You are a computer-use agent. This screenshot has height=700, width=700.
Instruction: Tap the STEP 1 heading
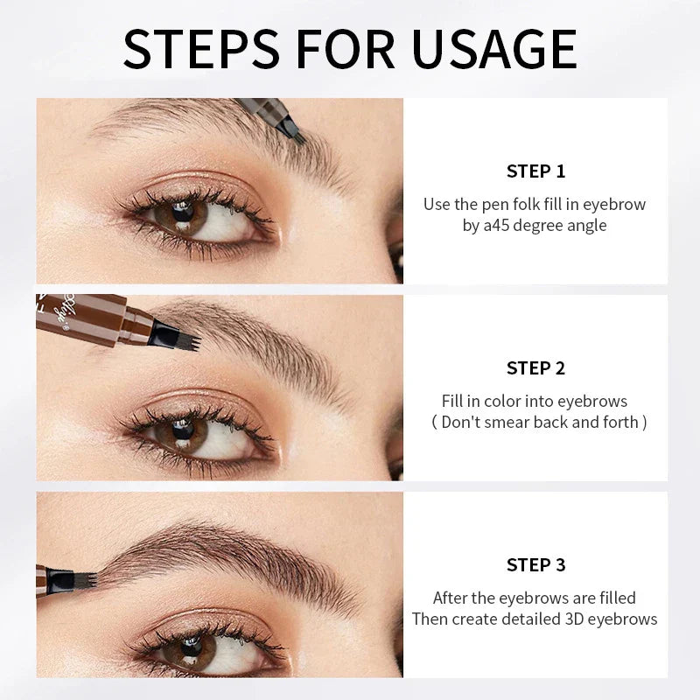coord(535,171)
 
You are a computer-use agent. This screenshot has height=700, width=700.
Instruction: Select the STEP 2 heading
coord(535,367)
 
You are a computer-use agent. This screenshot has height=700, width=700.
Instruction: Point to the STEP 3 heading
coord(535,564)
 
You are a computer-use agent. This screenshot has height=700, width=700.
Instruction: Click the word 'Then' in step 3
coord(430,619)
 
